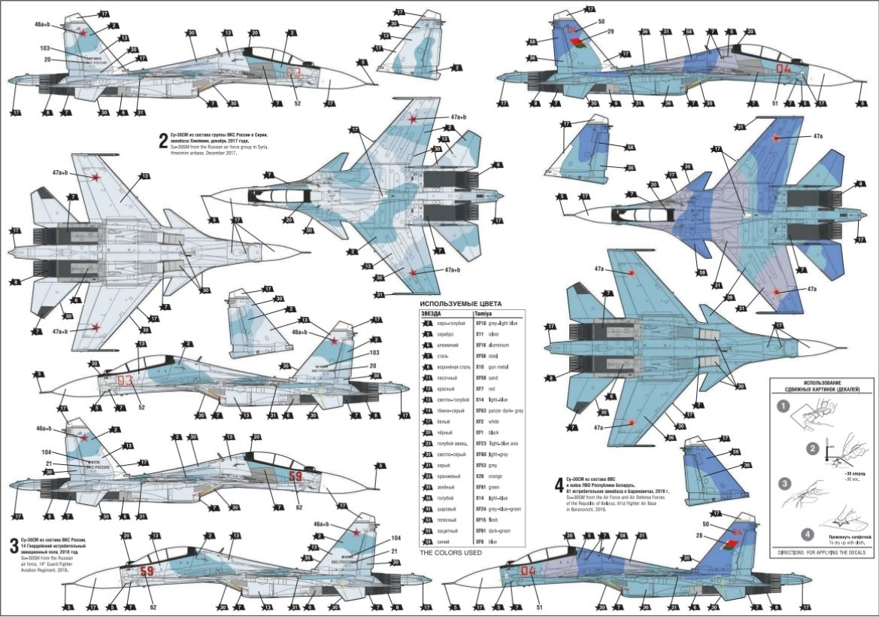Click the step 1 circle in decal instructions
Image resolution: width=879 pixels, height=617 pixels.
784,407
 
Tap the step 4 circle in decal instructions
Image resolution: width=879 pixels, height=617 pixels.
806,535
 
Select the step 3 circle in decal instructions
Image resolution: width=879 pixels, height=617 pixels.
784,482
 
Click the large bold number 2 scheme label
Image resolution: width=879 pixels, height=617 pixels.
162,140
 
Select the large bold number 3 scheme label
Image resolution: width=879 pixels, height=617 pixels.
14,543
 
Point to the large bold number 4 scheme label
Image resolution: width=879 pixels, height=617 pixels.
558,482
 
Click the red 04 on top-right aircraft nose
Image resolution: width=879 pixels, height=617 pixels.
784,69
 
